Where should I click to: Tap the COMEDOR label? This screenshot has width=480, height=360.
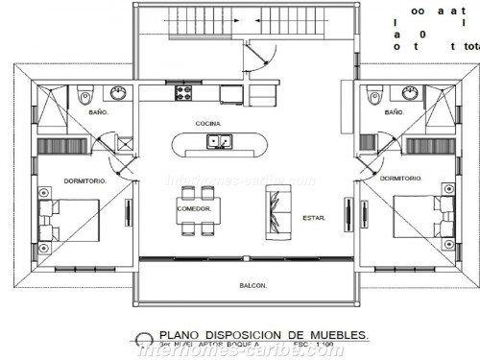pos(194,208)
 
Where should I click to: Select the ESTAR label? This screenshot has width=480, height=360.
pos(313,218)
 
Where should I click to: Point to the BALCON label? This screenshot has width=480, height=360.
pos(252,286)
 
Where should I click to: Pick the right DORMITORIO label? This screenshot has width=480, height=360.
pos(401,179)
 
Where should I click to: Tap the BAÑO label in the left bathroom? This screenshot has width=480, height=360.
pos(98,112)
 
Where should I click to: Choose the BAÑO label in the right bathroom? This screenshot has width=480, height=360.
pos(394,112)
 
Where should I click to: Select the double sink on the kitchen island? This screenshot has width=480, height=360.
pos(219,143)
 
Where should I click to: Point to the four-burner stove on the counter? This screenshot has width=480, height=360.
pos(181,93)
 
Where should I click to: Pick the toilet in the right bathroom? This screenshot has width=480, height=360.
pos(374,94)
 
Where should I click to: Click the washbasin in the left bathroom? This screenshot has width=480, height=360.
pos(119,93)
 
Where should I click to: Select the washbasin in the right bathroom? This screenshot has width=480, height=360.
pos(409,93)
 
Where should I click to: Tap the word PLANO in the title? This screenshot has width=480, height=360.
pos(180,335)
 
